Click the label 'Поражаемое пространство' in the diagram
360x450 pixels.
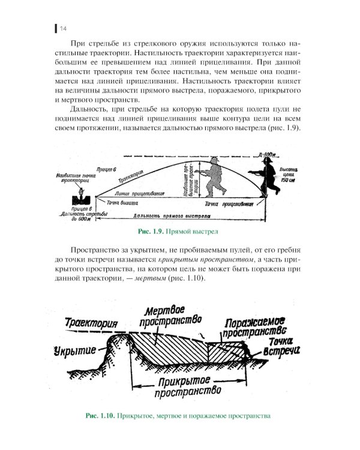coord(256,326)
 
